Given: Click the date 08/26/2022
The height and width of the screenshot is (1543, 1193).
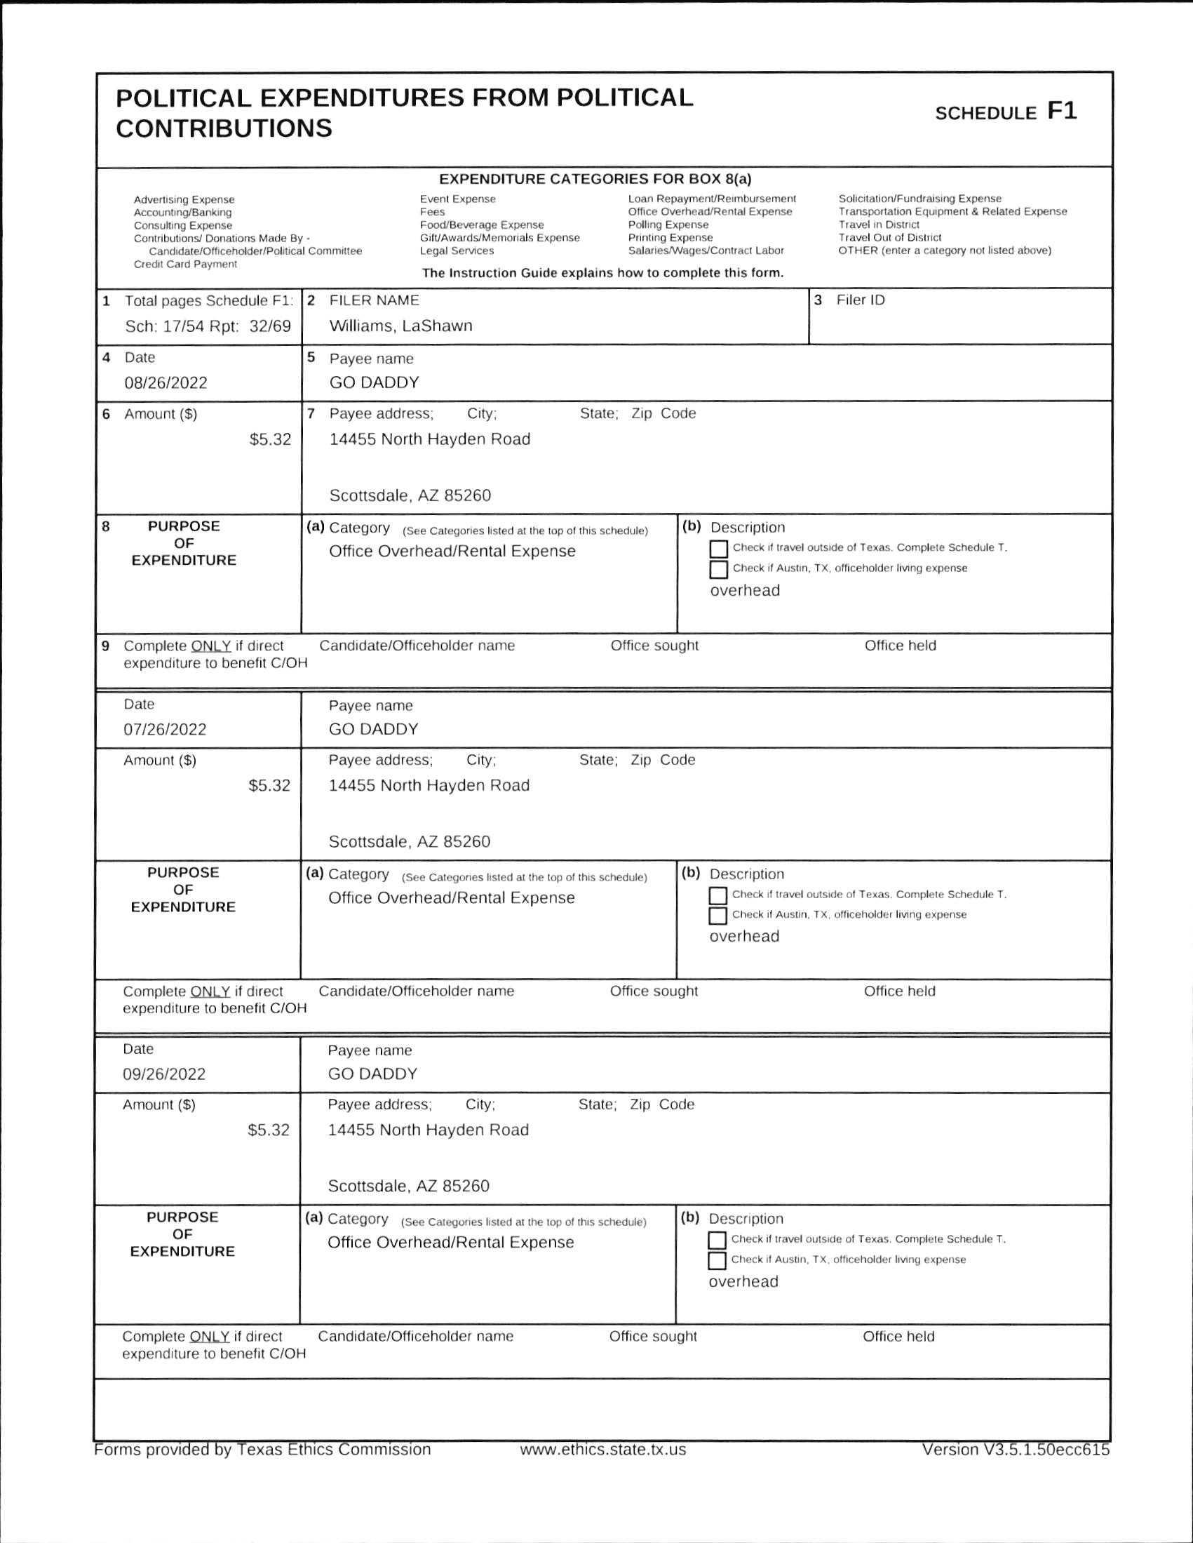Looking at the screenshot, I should click(x=166, y=383).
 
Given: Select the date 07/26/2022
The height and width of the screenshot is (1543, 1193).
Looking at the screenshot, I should click(x=166, y=729).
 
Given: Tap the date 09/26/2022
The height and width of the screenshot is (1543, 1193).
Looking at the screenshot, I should click(x=164, y=1074).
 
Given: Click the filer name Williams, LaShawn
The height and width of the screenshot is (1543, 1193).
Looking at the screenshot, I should click(x=400, y=326).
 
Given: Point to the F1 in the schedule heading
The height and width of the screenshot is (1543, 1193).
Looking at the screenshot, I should click(x=1061, y=112).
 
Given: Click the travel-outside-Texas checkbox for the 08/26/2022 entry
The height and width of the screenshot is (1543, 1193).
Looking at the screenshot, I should click(x=718, y=549).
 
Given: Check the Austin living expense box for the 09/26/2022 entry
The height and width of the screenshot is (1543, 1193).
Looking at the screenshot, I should click(x=717, y=1260).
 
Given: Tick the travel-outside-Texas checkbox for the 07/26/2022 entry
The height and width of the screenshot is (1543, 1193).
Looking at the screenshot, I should click(x=717, y=896).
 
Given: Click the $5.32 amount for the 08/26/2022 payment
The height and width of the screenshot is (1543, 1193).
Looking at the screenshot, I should click(x=270, y=439).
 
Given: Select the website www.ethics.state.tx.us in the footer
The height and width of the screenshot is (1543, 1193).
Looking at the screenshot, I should click(x=602, y=1450).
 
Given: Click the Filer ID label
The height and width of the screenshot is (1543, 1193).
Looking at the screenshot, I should click(x=860, y=300).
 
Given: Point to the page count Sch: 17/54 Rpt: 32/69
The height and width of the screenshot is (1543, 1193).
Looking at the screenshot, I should click(x=208, y=326).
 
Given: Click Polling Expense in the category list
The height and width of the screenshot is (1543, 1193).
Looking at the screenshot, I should click(x=668, y=225).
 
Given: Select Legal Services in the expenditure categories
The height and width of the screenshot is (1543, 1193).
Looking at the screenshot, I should click(x=457, y=251).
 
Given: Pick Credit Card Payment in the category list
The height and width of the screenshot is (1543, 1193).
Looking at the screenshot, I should click(x=185, y=265).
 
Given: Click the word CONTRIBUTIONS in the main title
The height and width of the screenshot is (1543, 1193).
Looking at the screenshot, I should click(x=224, y=128).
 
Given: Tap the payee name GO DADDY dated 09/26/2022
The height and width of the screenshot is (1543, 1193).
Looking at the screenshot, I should click(x=372, y=1074).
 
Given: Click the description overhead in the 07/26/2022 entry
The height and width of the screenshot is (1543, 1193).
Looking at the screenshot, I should click(x=743, y=936).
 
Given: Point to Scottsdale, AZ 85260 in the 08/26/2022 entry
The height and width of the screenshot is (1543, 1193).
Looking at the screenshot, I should click(x=410, y=495).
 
